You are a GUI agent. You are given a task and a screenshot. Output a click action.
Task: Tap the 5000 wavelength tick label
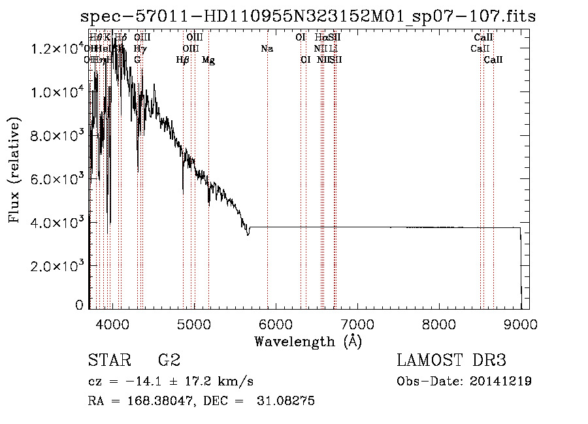[194, 324]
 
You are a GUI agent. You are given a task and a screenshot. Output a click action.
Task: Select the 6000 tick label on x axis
[276, 324]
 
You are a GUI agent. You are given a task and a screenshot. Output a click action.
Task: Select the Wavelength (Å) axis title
[308, 341]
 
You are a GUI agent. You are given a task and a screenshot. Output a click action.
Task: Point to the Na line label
[267, 49]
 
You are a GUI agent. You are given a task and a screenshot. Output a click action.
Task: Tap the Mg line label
[208, 60]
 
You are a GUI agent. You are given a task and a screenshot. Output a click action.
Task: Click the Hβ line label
[183, 60]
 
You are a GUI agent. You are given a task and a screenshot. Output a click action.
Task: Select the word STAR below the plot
[108, 361]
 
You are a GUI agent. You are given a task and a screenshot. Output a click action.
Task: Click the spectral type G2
[169, 361]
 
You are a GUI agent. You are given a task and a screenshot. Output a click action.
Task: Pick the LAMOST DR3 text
[451, 361]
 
